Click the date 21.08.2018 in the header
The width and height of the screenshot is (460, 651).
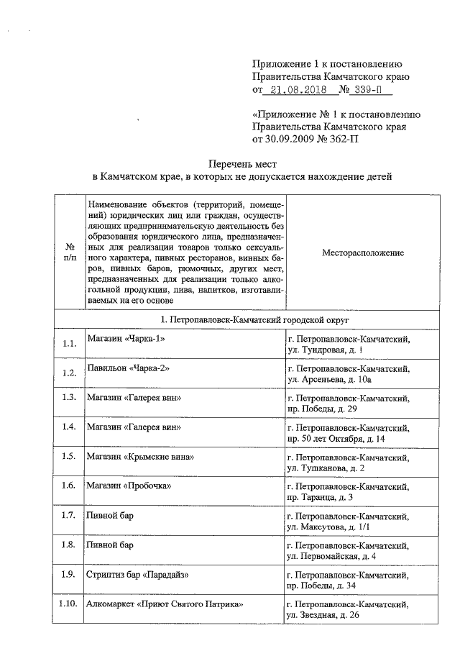coord(296,90)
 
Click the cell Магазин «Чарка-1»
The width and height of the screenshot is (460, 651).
coord(121,338)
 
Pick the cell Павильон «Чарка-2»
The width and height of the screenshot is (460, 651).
coord(123,368)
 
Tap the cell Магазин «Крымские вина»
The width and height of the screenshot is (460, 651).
coord(141,457)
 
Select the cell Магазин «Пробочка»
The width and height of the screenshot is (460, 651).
coord(128,486)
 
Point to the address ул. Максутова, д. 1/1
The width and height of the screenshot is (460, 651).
coord(328,527)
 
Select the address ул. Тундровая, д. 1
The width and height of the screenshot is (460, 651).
coord(324,350)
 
